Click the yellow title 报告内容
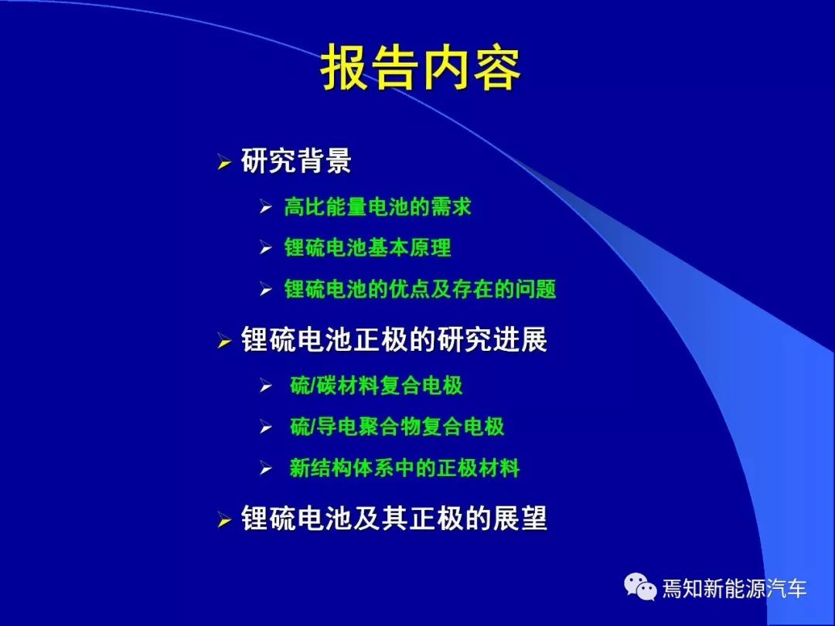[420, 68]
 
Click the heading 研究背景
[296, 160]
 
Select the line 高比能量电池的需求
[377, 206]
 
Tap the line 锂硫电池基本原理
[367, 247]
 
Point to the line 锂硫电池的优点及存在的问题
[420, 289]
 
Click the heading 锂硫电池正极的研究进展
[394, 339]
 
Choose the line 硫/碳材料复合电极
[376, 386]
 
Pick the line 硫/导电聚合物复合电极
[397, 427]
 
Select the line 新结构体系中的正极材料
[404, 468]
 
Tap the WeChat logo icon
[640, 587]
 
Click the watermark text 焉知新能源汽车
[734, 588]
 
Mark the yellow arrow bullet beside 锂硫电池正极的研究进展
[224, 341]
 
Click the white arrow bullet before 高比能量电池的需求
[266, 206]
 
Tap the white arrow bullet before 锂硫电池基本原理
[266, 247]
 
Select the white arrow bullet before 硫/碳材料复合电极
[266, 386]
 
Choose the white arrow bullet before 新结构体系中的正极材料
[266, 468]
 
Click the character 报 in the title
[345, 68]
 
